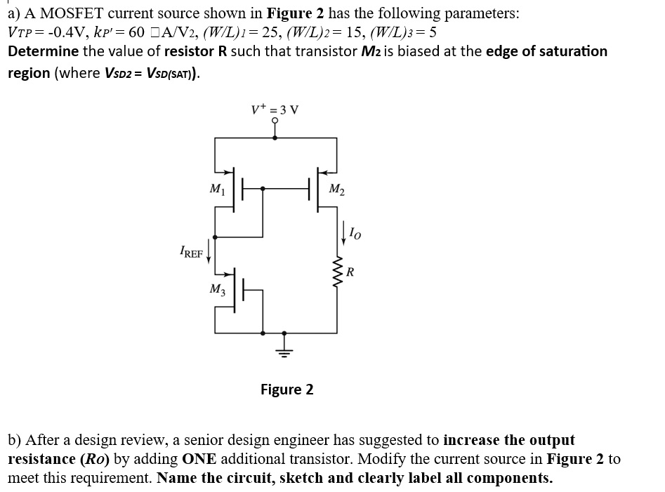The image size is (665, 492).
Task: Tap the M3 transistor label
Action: tap(217, 288)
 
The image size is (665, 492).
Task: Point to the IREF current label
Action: tap(190, 251)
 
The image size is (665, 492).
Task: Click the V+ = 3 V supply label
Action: tap(275, 109)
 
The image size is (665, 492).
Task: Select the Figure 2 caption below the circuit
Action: tap(287, 389)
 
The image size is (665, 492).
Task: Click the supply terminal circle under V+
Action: tap(275, 121)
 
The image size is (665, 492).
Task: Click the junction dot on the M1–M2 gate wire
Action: tap(263, 187)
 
